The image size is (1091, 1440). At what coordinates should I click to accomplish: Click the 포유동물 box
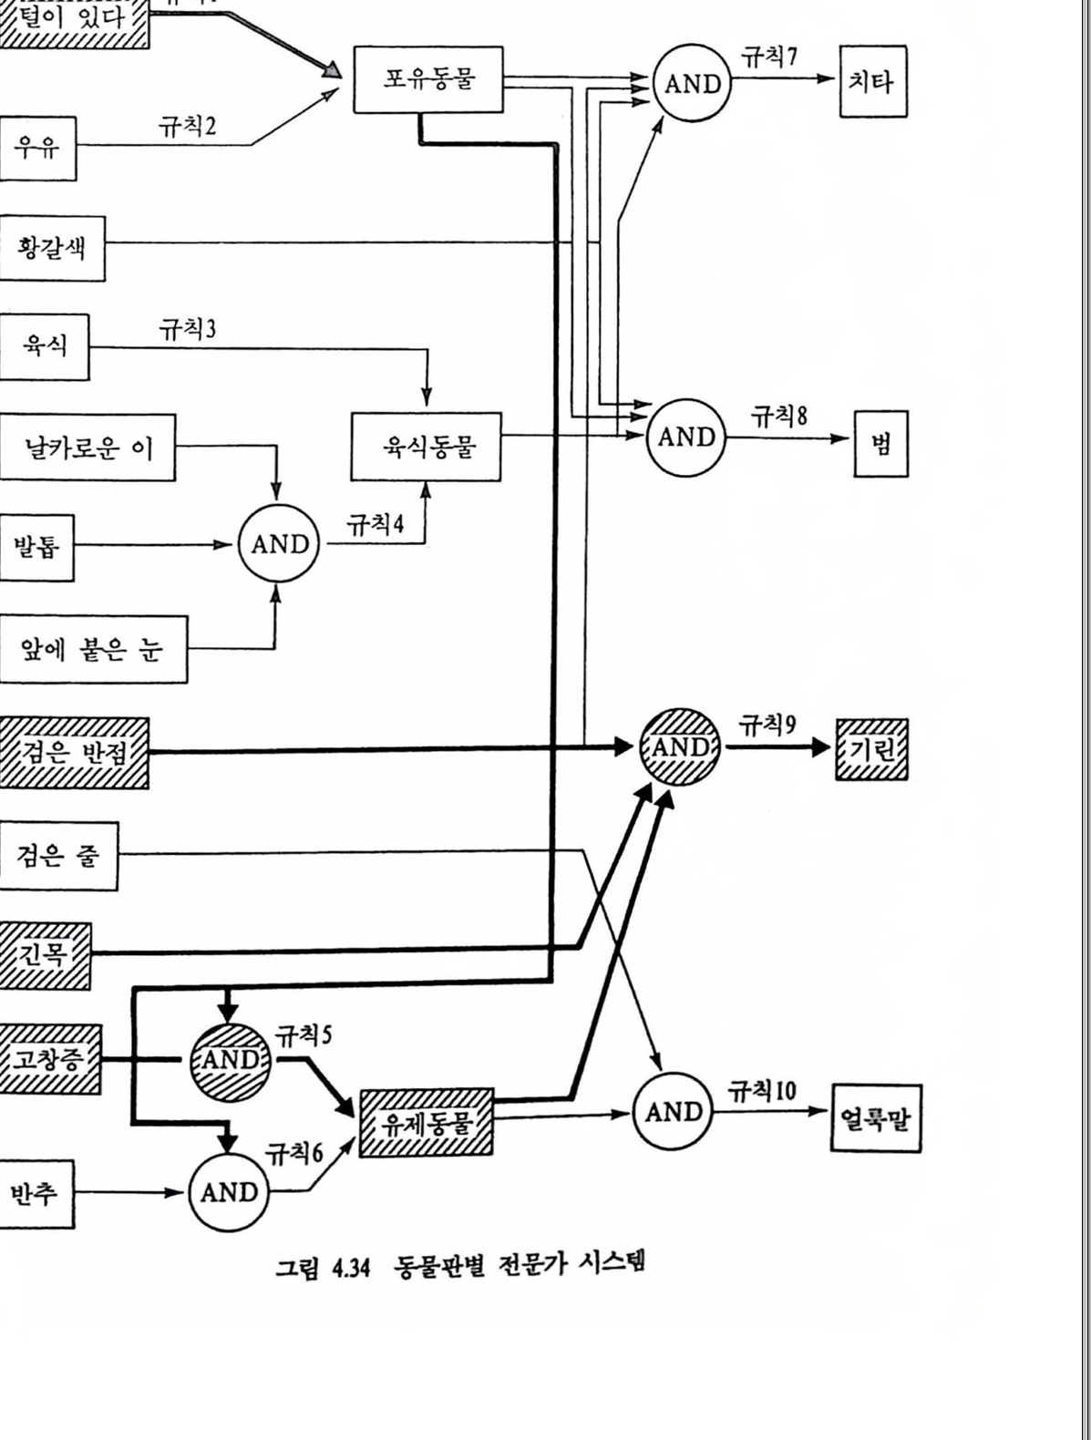427,79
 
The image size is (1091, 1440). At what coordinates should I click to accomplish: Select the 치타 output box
872,82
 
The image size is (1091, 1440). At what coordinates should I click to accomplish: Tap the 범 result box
880,444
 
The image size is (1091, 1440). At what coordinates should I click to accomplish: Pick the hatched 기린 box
871,749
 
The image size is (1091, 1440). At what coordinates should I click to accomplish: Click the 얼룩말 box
875,1117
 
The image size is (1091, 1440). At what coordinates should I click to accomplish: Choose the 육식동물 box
426,447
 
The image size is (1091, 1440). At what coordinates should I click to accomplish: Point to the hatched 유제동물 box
426,1123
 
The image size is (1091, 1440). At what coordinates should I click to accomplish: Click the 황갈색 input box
51,248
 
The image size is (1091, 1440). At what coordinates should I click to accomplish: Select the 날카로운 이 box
87,447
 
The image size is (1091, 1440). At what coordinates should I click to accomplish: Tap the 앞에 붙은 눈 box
92,649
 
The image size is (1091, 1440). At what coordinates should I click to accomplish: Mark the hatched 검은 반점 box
75,753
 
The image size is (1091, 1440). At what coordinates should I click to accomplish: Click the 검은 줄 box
58,856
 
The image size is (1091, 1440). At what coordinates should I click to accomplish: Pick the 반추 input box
36,1193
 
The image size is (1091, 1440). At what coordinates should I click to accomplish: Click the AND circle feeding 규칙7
692,84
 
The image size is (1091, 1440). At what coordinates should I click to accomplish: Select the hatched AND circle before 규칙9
680,747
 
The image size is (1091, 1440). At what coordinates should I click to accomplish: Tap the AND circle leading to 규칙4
279,544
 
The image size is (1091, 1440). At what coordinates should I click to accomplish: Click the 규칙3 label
188,329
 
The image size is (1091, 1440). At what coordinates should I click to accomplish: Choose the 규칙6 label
293,1154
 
